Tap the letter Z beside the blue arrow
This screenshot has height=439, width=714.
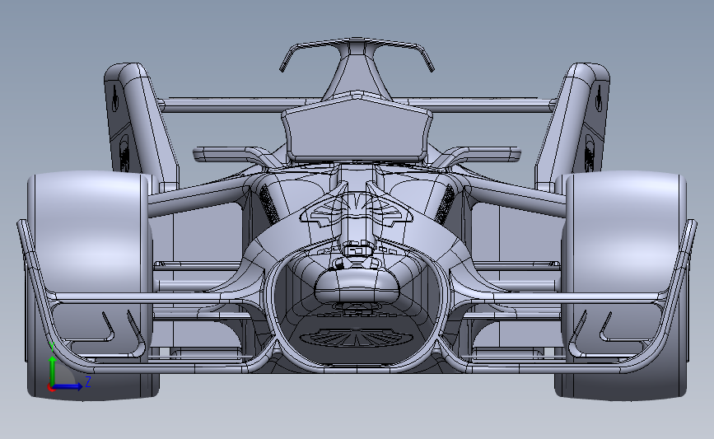[x=87, y=382]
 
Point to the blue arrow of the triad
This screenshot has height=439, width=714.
[x=70, y=385]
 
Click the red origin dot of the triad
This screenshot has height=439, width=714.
[x=51, y=387]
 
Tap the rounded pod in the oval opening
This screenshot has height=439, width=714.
[x=357, y=284]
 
